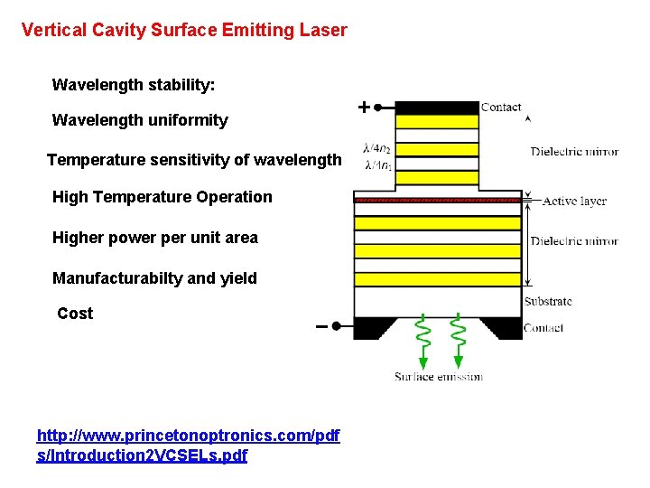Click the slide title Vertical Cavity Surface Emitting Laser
coord(184,30)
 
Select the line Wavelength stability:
coord(134,85)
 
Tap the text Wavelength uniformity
coord(140,120)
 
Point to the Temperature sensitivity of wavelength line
coord(194,160)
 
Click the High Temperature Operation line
coord(162,197)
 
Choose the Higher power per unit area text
coord(154,238)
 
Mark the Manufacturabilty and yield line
coord(154,278)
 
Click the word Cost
coord(75,314)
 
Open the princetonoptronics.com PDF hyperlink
coord(188,446)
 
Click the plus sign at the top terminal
coord(363,108)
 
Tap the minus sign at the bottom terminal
coord(321,326)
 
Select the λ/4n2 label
coord(377,148)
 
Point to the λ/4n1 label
coord(377,164)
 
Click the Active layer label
coord(574,202)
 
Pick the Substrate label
coord(548,302)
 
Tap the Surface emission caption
coord(438,377)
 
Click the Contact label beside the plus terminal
coord(501,107)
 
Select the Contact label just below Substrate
coord(543,327)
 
